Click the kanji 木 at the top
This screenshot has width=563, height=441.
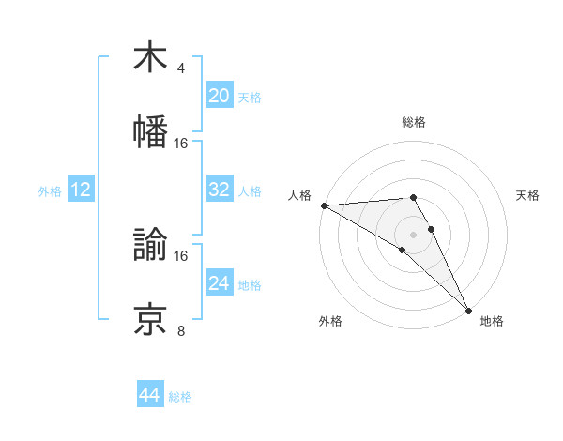[151, 57]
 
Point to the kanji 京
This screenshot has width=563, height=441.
[151, 318]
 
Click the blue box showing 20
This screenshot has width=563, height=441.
[219, 96]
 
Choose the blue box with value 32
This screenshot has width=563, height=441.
[219, 190]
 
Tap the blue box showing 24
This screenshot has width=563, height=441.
[219, 283]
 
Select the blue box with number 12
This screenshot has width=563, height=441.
[81, 190]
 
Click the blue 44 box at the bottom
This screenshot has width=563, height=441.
[150, 395]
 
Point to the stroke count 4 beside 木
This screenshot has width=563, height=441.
[180, 68]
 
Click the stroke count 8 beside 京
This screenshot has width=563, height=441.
[180, 330]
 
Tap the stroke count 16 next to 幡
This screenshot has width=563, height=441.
[181, 143]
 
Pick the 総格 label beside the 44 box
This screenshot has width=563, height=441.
[180, 397]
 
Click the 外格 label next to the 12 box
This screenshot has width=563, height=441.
[50, 191]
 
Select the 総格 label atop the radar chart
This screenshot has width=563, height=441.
[413, 122]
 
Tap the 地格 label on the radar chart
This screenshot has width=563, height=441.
[492, 321]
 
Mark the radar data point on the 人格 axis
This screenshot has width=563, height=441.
[324, 205]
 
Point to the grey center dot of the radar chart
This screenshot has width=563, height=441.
[413, 235]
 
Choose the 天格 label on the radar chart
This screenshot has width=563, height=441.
[528, 195]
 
